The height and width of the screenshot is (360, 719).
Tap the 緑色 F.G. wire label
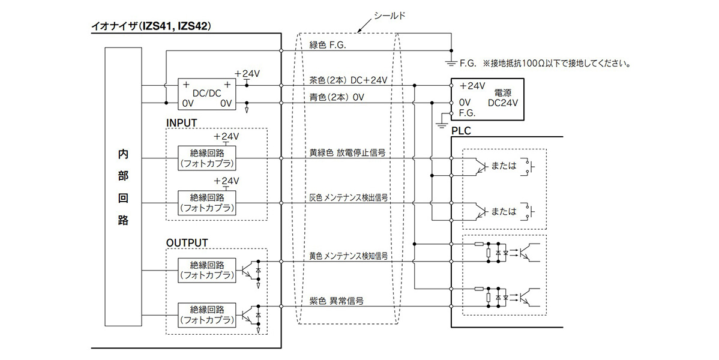tap(328, 45)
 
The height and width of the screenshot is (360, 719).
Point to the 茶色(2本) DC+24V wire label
tap(348, 80)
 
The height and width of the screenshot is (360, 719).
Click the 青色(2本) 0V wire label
tap(337, 96)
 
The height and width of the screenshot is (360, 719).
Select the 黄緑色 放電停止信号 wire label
tap(347, 153)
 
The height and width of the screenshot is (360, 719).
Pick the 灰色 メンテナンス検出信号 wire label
tap(348, 197)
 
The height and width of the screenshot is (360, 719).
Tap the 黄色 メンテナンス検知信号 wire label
tap(348, 256)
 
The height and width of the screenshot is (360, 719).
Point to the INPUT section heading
tap(181, 122)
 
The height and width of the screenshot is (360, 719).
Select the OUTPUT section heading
tap(187, 242)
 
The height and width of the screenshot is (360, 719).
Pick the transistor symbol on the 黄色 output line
tap(248, 269)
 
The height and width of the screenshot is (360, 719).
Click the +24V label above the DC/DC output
tap(247, 73)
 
